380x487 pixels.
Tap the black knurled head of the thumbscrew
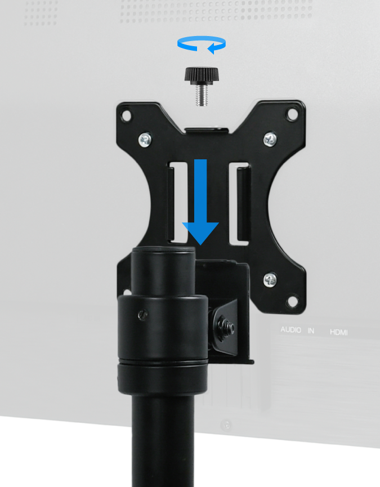pos(202,74)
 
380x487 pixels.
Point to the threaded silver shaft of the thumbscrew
pos(202,95)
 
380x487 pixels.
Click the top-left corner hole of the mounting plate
pos(126,115)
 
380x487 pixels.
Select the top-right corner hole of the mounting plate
pos(292,114)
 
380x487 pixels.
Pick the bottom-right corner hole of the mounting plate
pos(292,301)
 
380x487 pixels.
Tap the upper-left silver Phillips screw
pos(145,140)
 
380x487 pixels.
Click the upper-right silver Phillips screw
pos(270,139)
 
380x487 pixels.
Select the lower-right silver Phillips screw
pos(270,280)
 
